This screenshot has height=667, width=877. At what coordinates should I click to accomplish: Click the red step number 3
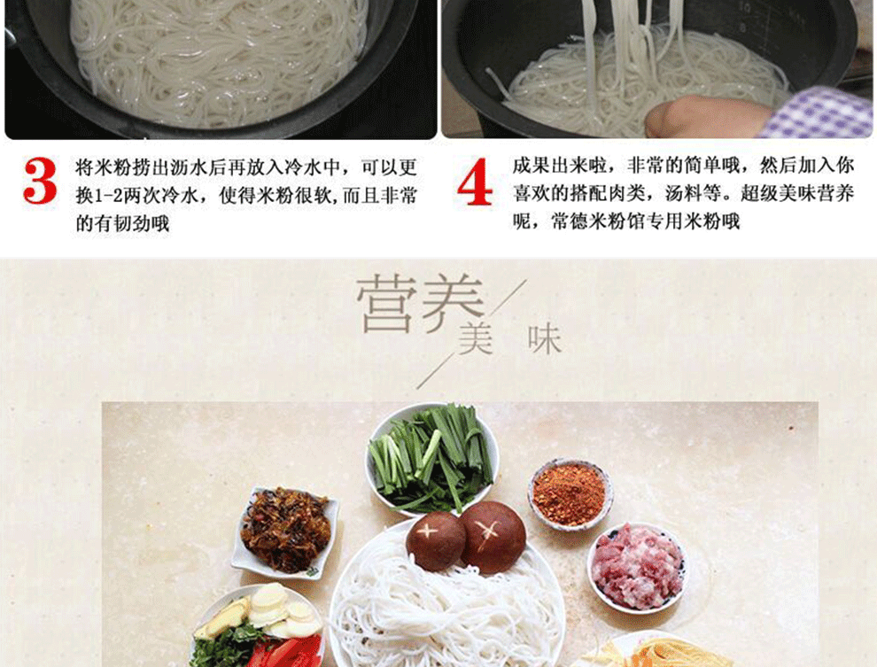pos(40,181)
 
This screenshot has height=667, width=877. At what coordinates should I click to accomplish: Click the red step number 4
pos(475,182)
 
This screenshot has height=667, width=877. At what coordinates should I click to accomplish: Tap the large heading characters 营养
pos(420,304)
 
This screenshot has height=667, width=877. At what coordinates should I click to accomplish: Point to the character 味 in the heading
pos(544,339)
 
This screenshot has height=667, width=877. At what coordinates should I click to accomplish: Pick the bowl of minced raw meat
pos(637,567)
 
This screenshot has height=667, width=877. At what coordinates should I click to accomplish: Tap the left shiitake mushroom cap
pos(436,540)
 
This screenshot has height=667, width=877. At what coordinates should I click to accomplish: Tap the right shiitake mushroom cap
pos(493,537)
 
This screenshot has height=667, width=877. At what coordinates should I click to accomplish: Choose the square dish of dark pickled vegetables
pos(285,531)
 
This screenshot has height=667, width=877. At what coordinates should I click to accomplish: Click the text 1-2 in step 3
pos(108,197)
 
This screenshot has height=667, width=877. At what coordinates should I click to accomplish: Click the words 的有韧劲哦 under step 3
pos(122,224)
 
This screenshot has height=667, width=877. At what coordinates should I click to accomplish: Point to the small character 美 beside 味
pos(475,339)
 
